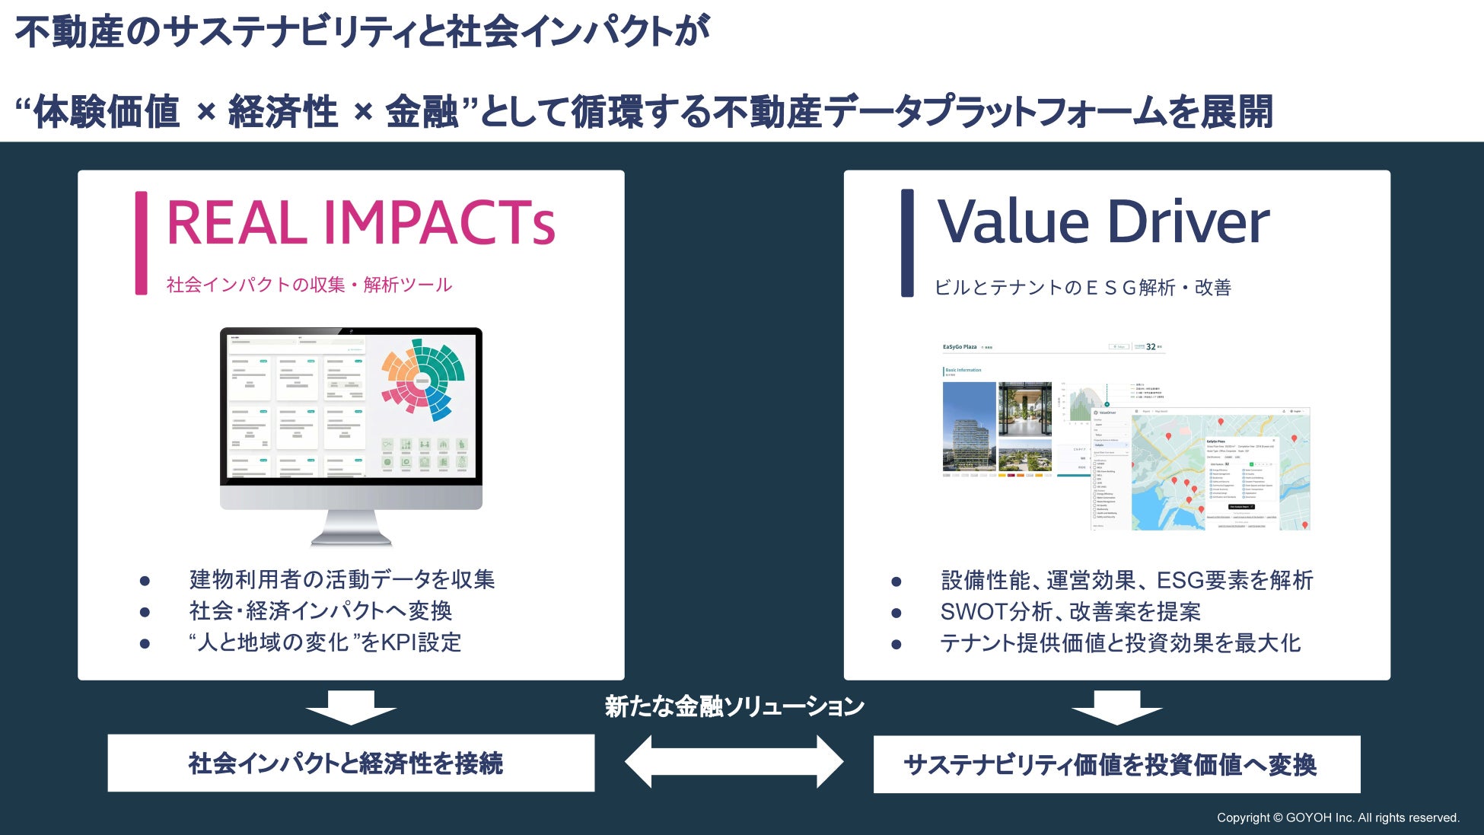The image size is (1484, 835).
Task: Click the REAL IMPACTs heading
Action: [360, 223]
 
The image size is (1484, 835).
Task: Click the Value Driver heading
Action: [1103, 222]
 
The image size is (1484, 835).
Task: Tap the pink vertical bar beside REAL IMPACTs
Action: [141, 243]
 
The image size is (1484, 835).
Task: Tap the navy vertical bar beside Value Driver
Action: [906, 243]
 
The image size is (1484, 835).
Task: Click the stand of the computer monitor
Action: [351, 527]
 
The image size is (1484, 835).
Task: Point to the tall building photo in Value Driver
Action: [969, 427]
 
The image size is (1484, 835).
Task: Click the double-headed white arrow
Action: [734, 761]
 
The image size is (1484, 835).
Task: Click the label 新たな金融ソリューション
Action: [734, 706]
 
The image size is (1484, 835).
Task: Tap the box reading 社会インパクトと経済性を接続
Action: [351, 763]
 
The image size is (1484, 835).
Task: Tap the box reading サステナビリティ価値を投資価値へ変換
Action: [1116, 764]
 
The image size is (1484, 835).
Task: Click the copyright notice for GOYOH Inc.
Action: [1337, 817]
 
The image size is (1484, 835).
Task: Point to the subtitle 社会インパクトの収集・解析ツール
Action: [309, 285]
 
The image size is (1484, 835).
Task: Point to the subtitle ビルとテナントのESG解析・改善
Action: [1082, 287]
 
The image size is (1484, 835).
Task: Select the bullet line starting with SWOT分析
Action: [1070, 611]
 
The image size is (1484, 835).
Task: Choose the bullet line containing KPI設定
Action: [325, 642]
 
